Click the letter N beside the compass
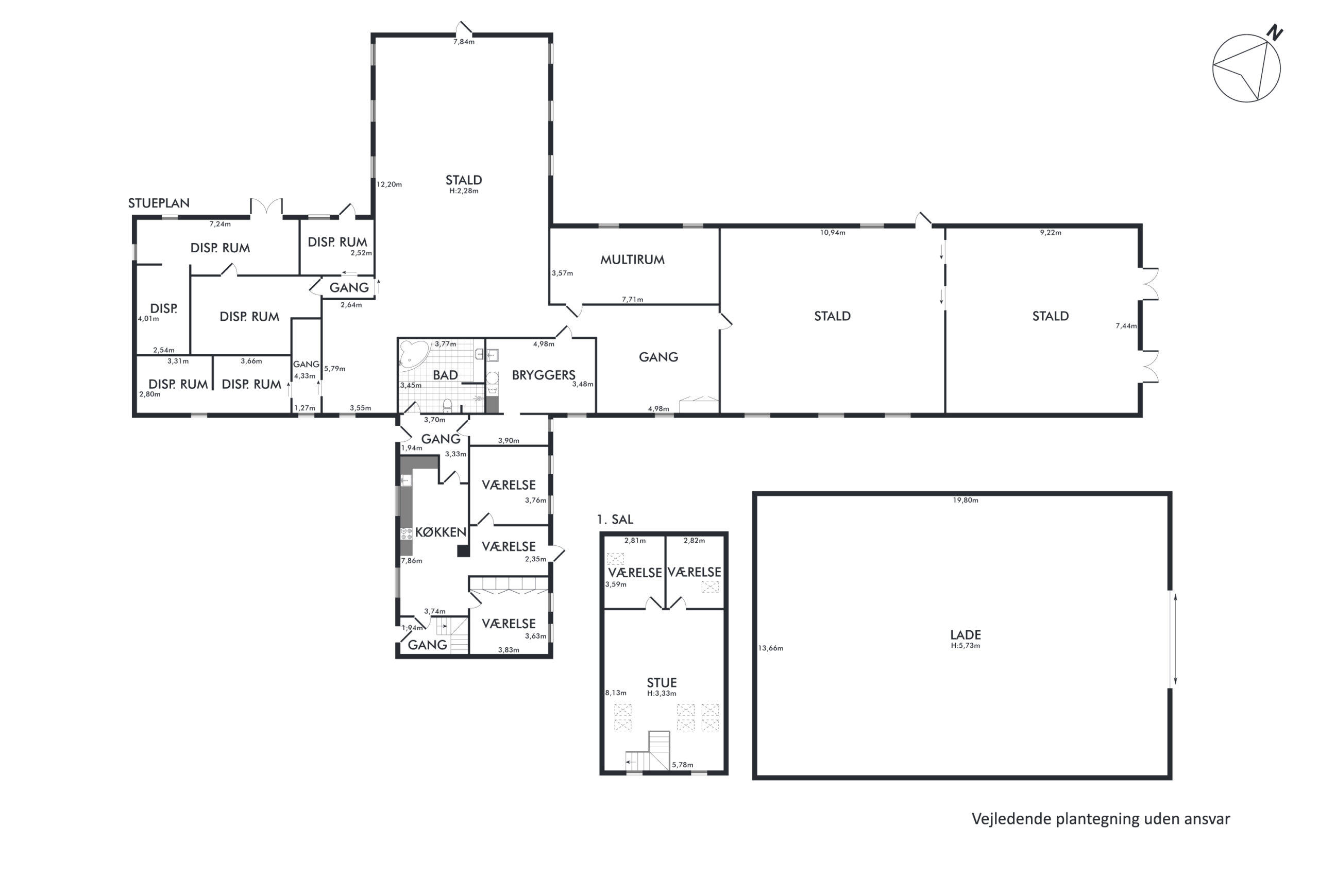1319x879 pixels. (x=1275, y=32)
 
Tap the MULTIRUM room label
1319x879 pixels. (x=632, y=260)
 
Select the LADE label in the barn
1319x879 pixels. (x=965, y=634)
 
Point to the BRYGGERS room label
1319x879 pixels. (x=544, y=375)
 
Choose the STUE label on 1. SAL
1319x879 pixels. (x=662, y=682)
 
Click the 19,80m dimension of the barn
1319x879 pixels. (x=965, y=500)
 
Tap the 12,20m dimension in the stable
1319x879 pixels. (x=388, y=184)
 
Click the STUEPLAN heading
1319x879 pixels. (x=159, y=203)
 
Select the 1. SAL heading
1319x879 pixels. (x=615, y=519)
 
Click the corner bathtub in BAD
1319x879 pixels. (x=413, y=354)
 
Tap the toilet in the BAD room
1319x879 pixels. (x=447, y=405)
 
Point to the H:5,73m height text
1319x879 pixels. (x=965, y=645)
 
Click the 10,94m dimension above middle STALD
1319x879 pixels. (x=832, y=233)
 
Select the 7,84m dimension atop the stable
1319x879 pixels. (x=464, y=42)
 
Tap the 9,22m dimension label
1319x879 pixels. (x=1051, y=233)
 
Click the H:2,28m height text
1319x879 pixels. (x=464, y=191)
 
